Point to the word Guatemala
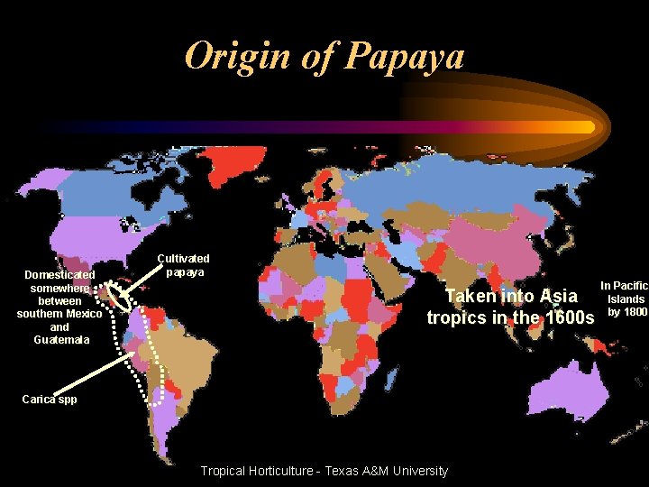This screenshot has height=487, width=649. pos(59,340)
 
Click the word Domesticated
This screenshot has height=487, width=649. pos(59,274)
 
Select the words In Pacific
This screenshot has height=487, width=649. pos(624,286)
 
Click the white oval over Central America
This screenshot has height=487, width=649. pos(116,296)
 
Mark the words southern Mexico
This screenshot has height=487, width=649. pos(59,314)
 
